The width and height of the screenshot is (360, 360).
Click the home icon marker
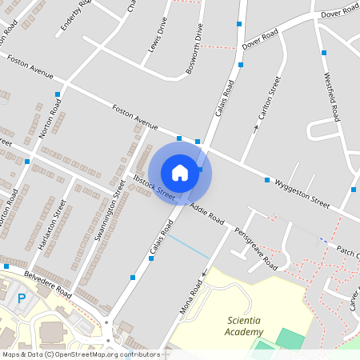pyautogui.click(x=180, y=172)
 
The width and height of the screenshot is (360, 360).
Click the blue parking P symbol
pyautogui.click(x=22, y=299)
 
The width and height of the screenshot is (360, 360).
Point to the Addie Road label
pyautogui.click(x=210, y=217)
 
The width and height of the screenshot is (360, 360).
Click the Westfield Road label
pyautogui.click(x=334, y=90)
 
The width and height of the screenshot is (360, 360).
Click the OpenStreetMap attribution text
pyautogui.click(x=80, y=354)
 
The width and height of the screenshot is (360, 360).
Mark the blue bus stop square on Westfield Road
pyautogui.click(x=324, y=53)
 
